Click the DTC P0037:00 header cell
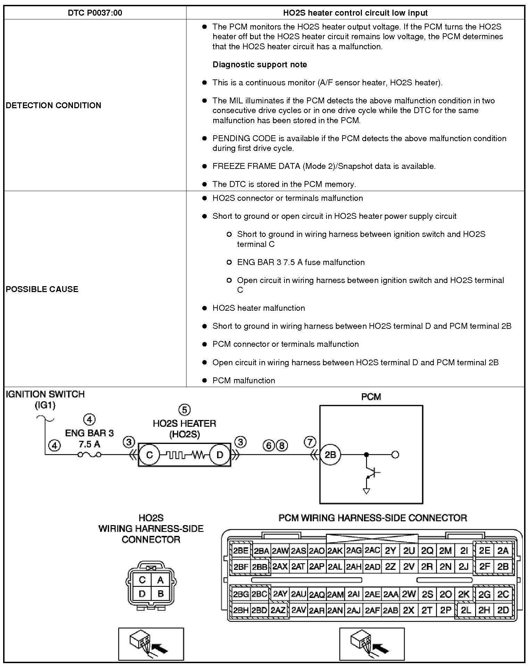point(95,13)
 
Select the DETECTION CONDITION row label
point(53,105)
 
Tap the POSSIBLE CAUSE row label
point(42,289)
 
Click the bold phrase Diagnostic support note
point(259,65)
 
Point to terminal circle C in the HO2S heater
point(149,455)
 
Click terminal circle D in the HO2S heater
point(220,455)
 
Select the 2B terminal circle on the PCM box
point(330,454)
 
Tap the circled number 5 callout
point(184,410)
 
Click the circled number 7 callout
point(310,442)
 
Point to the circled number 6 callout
point(269,446)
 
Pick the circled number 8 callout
point(282,446)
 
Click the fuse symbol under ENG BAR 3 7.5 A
point(90,455)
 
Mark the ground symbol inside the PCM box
point(366,491)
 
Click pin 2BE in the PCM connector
point(241,551)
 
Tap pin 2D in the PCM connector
point(503,610)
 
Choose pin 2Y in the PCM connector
point(390,551)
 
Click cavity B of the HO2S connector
point(160,593)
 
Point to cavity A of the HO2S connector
point(160,580)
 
